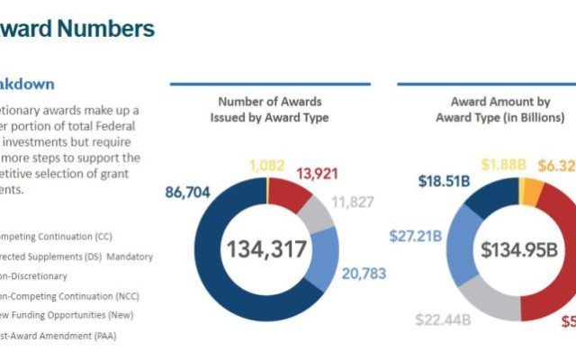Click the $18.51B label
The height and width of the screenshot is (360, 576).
click(x=445, y=182)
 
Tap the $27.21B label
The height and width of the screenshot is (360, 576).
click(x=415, y=238)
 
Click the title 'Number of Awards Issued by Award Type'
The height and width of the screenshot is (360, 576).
click(x=269, y=109)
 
